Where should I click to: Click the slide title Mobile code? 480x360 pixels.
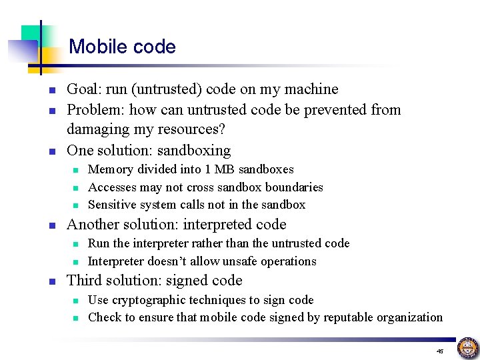pos(122,47)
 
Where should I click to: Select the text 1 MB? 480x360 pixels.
pos(201,170)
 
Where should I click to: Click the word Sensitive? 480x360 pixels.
pos(113,205)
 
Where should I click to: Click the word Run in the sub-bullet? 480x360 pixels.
pos(99,244)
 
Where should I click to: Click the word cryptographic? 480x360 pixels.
pos(150,300)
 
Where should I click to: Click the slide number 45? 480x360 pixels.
pos(440,351)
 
